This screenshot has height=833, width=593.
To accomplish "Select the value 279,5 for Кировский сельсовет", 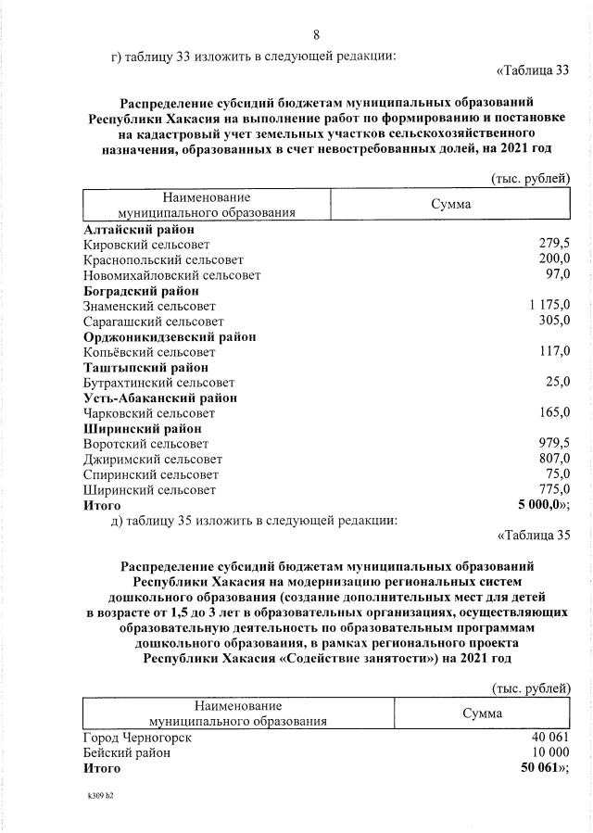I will [554, 244].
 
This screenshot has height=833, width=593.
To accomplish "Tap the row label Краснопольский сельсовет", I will [163, 259].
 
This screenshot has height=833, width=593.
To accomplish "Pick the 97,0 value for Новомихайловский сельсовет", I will [558, 275].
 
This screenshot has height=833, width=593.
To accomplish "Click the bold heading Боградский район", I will [141, 291].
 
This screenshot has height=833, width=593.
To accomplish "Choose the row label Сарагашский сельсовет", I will [154, 321].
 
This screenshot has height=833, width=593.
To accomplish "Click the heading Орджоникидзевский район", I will [170, 336].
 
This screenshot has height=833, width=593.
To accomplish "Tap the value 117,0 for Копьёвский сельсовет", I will [554, 351].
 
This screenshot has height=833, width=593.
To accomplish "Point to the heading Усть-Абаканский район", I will [159, 398].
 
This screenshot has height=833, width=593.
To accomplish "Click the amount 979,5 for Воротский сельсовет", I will [554, 443].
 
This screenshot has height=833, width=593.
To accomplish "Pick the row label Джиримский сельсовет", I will [153, 459].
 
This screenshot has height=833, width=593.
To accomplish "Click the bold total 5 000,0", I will [543, 505].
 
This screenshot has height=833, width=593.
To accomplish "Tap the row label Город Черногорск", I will [137, 737].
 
